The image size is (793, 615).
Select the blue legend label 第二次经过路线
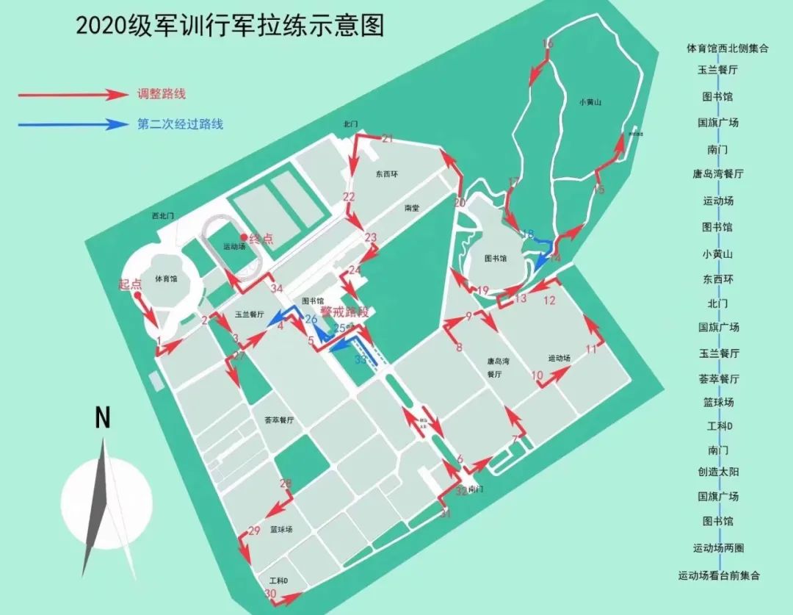click(180, 124)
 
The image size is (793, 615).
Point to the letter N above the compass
click(103, 417)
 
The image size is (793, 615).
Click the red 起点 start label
click(131, 284)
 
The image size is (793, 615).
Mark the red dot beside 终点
click(244, 237)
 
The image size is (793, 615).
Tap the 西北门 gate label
click(163, 216)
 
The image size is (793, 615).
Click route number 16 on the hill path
click(547, 45)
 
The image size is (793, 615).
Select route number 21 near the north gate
click(388, 138)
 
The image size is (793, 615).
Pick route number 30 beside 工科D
click(270, 594)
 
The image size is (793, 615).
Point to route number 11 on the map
click(591, 349)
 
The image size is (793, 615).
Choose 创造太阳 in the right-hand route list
click(719, 471)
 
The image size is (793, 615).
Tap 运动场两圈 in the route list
click(719, 548)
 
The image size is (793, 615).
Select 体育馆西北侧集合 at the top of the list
click(727, 48)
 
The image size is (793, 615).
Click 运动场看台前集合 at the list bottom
click(719, 575)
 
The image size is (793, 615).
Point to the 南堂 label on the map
click(411, 208)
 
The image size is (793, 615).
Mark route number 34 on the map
click(276, 288)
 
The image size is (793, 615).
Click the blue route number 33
click(360, 360)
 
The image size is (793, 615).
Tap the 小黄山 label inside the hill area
click(590, 103)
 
